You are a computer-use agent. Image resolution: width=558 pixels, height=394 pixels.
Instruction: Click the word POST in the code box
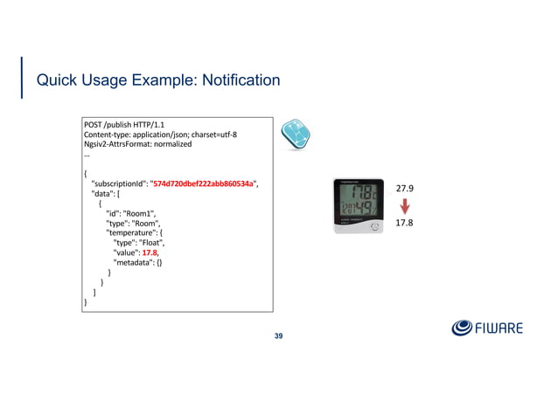point(93,125)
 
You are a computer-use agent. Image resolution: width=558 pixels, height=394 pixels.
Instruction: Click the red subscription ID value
point(204,183)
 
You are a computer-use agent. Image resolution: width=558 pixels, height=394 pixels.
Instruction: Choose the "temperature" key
point(132,233)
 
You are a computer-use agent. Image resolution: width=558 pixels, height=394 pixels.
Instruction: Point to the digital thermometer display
point(359,206)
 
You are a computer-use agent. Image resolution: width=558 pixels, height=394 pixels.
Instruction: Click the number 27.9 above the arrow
point(405,189)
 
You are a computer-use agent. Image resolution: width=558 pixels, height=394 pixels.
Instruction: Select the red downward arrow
point(405,206)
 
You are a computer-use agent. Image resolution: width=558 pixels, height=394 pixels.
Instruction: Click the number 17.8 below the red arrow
point(405,224)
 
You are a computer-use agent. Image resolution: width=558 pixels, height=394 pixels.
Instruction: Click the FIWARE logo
point(487,328)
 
